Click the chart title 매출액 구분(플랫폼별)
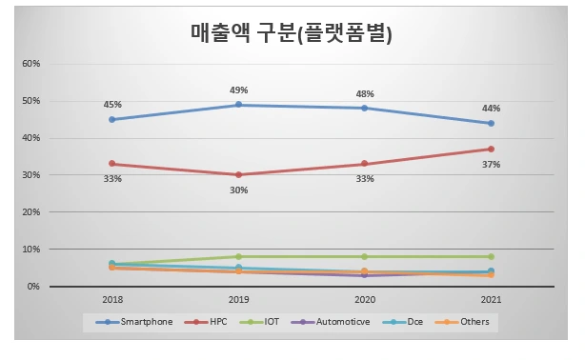click(292, 32)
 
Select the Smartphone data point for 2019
click(238, 105)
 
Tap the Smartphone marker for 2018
click(111, 120)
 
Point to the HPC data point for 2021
click(491, 150)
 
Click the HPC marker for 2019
click(238, 175)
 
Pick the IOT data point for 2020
click(365, 257)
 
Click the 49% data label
click(238, 90)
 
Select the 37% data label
click(491, 165)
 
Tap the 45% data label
click(111, 105)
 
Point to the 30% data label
click(238, 190)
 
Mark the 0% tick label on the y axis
click(33, 287)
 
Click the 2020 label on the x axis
click(365, 298)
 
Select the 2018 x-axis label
click(111, 298)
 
